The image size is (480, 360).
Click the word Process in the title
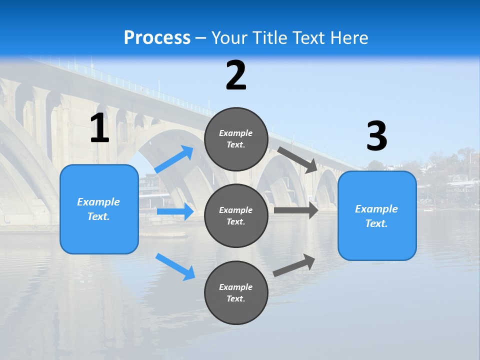[x=157, y=38]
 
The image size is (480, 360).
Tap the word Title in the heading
[x=269, y=38]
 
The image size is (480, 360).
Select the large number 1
[x=99, y=128]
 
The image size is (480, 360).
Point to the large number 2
[x=236, y=75]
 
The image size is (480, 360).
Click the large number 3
[x=376, y=136]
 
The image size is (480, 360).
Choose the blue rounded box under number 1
[x=99, y=209]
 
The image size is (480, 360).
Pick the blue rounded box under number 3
[x=377, y=215]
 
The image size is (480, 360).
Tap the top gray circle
[x=236, y=139]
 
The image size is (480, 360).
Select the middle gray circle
[x=236, y=215]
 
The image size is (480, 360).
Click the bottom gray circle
[x=236, y=292]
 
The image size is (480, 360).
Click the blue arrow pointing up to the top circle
[x=174, y=159]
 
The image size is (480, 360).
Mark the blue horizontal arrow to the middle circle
[x=175, y=211]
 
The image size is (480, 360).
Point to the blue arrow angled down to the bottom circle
[x=175, y=266]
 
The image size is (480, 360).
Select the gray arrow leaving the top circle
[x=298, y=159]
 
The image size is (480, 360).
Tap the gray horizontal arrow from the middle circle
[x=296, y=210]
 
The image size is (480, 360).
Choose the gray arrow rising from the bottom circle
[x=294, y=265]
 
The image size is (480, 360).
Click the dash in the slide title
[x=201, y=38]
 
